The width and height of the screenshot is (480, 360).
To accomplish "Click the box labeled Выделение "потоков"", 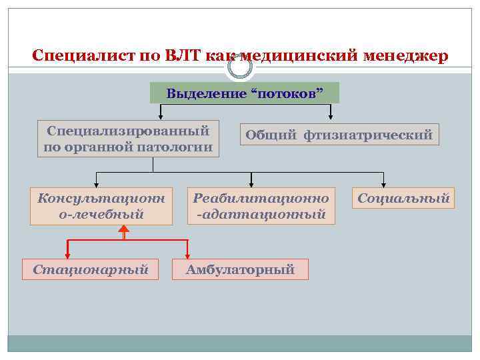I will point(245,93).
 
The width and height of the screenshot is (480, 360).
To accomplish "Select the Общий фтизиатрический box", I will point(339,135).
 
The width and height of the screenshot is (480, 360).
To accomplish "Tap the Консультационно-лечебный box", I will point(101,206).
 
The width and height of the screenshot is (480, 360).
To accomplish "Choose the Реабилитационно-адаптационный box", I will point(261,206).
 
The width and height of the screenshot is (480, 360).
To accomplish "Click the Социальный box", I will point(403,198).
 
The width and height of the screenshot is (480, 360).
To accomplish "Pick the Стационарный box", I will point(91,269).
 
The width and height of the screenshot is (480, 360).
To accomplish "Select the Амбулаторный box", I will point(240,269).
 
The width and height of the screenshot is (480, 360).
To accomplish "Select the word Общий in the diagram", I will point(271,135).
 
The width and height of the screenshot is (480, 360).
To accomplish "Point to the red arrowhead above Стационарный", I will point(67,255).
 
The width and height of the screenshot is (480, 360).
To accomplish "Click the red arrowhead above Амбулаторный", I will point(187,255).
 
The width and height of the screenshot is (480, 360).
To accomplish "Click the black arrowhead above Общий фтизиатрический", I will point(330,119).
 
